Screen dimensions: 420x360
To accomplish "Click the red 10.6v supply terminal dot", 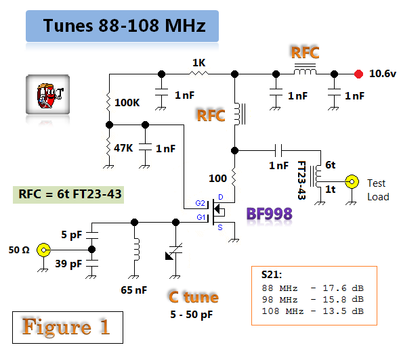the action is point(358,74).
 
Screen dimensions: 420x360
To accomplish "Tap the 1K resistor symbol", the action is point(198,73).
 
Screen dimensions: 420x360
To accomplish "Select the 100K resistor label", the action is point(127,102).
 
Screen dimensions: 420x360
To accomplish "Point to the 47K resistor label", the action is point(123,148).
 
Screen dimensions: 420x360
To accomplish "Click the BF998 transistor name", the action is point(269,214).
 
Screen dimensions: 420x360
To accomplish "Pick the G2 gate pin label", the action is point(200,203).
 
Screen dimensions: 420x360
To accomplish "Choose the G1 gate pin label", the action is point(201,217).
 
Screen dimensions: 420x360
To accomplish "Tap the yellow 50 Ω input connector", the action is point(43,250).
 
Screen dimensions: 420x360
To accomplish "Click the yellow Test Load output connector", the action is point(352,182).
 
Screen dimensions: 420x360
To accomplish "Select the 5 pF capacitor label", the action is point(72,235).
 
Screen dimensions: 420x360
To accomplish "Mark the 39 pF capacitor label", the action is point(68,264).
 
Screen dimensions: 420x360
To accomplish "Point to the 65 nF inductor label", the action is point(134,290).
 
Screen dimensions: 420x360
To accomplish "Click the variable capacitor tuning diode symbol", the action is point(174,252).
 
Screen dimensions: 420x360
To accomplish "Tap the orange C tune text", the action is point(194,297).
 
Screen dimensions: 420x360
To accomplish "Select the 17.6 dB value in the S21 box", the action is point(343,288).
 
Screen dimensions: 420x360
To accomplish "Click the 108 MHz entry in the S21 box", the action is point(282,311).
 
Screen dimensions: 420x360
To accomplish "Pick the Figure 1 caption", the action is point(66,327).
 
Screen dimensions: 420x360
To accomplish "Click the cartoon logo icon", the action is point(48,95).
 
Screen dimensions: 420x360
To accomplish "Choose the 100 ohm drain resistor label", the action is point(217,178).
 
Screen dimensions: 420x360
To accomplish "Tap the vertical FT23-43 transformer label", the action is point(302,180).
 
